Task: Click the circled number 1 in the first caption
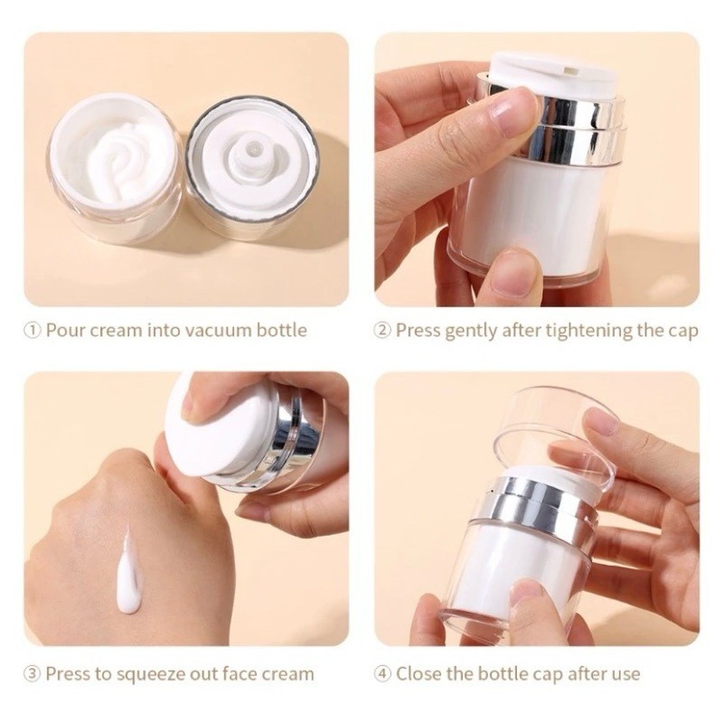pos(33,330)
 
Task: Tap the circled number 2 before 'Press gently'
pos(382,330)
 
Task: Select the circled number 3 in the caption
pos(33,674)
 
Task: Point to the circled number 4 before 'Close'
pos(382,674)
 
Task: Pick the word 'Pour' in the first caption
pos(66,331)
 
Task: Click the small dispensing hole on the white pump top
pos(568,71)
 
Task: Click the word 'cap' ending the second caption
pos(682,332)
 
